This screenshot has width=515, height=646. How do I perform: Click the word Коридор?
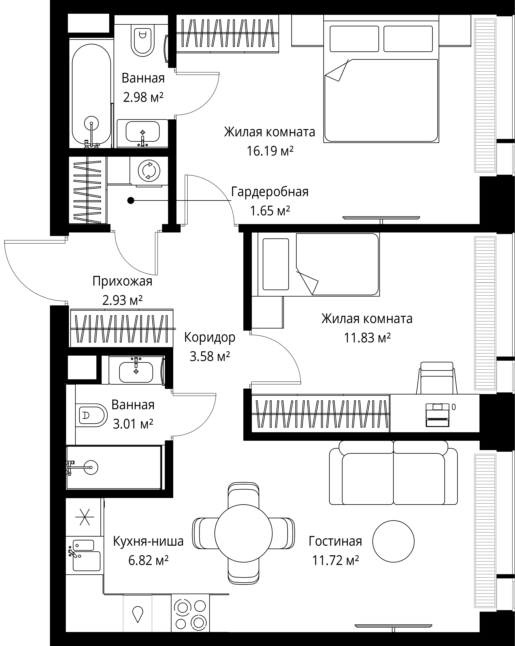click(x=210, y=337)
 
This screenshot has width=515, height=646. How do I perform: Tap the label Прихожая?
click(x=122, y=281)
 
